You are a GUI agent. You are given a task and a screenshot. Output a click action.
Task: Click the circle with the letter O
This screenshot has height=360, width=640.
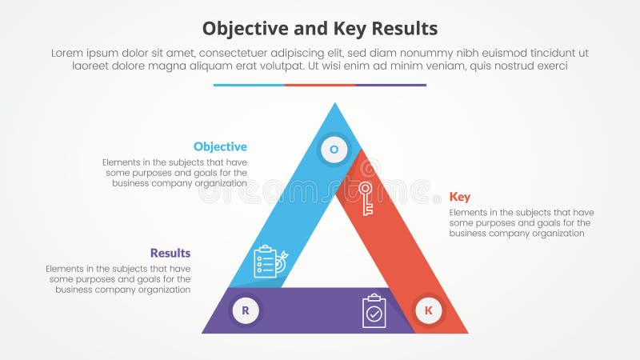pyautogui.click(x=334, y=149)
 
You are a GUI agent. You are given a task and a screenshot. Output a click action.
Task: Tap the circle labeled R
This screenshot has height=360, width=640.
pyautogui.click(x=246, y=310)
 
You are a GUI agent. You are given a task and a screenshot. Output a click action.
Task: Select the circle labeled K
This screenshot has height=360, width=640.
pyautogui.click(x=428, y=310)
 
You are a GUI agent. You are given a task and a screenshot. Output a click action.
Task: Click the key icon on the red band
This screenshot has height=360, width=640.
pyautogui.click(x=366, y=198)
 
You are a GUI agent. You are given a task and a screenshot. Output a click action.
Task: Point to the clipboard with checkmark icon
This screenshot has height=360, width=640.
pyautogui.click(x=374, y=311)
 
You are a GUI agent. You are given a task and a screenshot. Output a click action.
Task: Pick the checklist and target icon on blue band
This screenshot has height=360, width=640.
pyautogui.click(x=270, y=261)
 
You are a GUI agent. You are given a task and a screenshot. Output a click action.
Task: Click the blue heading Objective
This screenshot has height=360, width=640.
pyautogui.click(x=220, y=147)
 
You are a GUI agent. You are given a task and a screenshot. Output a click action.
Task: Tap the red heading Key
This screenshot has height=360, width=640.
pyautogui.click(x=460, y=197)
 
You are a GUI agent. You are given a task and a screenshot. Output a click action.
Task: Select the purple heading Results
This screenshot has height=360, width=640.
pyautogui.click(x=170, y=254)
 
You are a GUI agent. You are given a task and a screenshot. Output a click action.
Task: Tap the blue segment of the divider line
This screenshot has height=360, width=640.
pyautogui.click(x=249, y=85)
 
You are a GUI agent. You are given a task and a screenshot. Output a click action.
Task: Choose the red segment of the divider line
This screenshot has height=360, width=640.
pyautogui.click(x=320, y=85)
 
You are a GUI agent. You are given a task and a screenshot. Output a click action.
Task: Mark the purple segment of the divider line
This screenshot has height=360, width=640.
pyautogui.click(x=390, y=85)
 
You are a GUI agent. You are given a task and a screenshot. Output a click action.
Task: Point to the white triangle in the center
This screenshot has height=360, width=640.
pyautogui.click(x=334, y=248)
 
